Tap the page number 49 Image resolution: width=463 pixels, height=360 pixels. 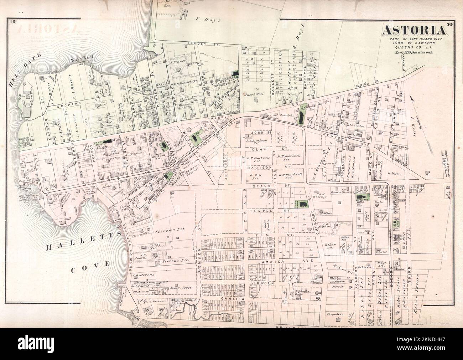click(12, 22)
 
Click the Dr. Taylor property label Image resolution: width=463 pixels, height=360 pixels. click(338, 281)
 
